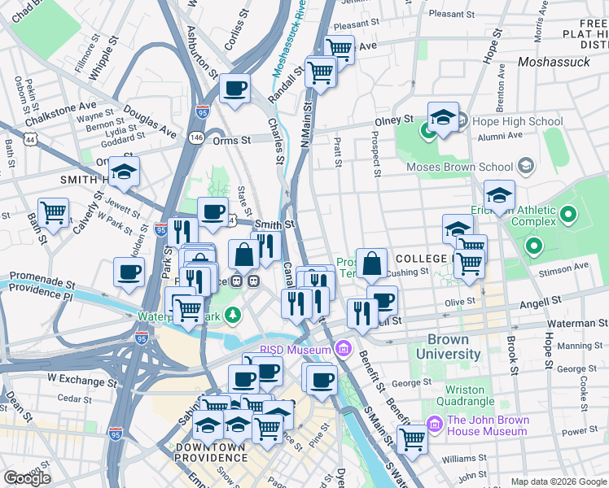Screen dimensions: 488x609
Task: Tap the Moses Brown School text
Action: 461,167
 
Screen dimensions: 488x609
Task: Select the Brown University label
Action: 448,347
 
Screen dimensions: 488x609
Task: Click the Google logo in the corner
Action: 26,478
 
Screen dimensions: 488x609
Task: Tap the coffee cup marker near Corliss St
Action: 234,88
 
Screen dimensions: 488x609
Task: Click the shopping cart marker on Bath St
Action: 53,213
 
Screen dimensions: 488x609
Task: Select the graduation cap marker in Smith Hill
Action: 124,172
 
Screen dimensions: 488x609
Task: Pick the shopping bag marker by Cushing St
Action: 371,264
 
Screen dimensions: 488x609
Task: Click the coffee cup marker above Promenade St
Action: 129,272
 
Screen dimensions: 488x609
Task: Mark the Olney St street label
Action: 394,120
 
